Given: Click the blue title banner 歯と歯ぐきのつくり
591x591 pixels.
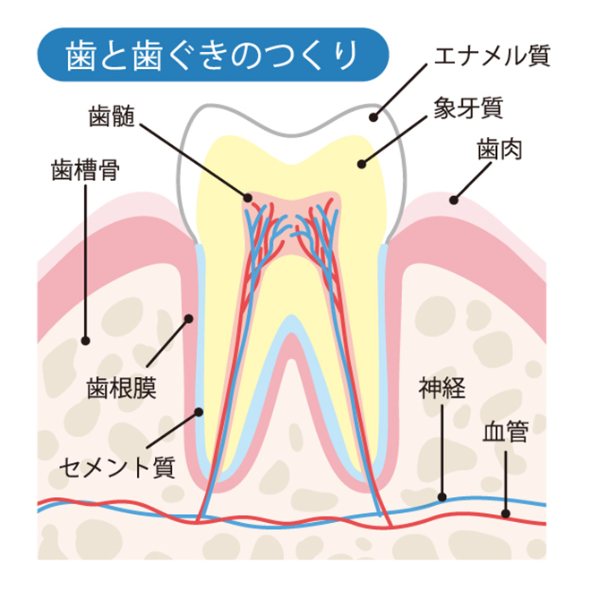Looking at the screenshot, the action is pos(213,55).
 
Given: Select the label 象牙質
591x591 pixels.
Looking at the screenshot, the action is pos(468,107).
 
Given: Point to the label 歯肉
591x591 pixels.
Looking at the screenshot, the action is pos(500,150).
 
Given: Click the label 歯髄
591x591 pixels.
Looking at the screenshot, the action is pos(112,116).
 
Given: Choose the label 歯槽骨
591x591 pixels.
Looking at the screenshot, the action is pos(86,170).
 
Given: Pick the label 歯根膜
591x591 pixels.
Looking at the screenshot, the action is pos(122,389).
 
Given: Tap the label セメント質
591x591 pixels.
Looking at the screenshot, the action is pos(117,467).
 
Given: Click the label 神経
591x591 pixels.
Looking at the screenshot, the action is pos(442,388).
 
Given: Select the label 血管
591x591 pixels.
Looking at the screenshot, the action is pos(506,432).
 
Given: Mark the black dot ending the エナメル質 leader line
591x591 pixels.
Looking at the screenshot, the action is pos(373,117).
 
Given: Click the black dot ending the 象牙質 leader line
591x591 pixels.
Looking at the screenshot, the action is pos(362,165).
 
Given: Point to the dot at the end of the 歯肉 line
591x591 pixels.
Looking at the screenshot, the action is pos(454,201).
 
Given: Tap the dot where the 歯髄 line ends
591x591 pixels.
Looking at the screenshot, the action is pos(248,198).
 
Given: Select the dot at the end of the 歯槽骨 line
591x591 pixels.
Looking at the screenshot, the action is pos(86,341).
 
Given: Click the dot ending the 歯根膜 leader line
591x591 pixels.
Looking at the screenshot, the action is pos(189,319).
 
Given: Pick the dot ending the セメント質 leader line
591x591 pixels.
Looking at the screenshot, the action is pos(199,412).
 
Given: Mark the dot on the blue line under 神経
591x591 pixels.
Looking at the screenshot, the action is pos(442,498).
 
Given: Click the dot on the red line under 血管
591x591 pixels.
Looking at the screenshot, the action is pos(506,514).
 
